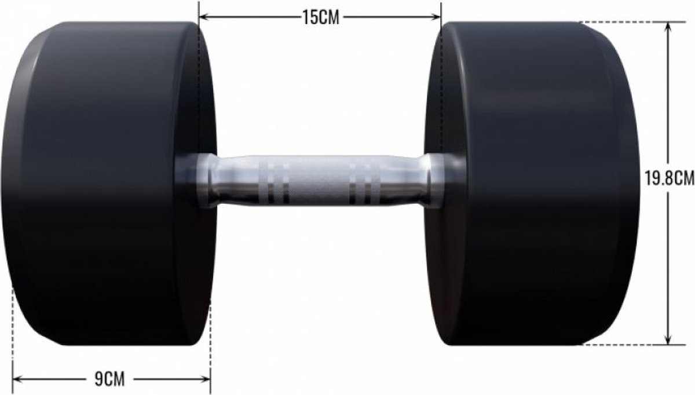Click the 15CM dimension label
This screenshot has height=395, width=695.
(x=321, y=17)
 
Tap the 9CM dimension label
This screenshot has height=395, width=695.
(x=109, y=379)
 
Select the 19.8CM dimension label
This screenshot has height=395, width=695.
(x=670, y=178)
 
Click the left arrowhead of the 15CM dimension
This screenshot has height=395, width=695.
(x=203, y=17)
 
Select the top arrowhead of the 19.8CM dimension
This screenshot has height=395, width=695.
(x=668, y=28)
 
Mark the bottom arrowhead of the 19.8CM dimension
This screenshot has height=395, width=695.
(x=668, y=339)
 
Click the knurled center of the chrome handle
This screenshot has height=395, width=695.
(x=319, y=181)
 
